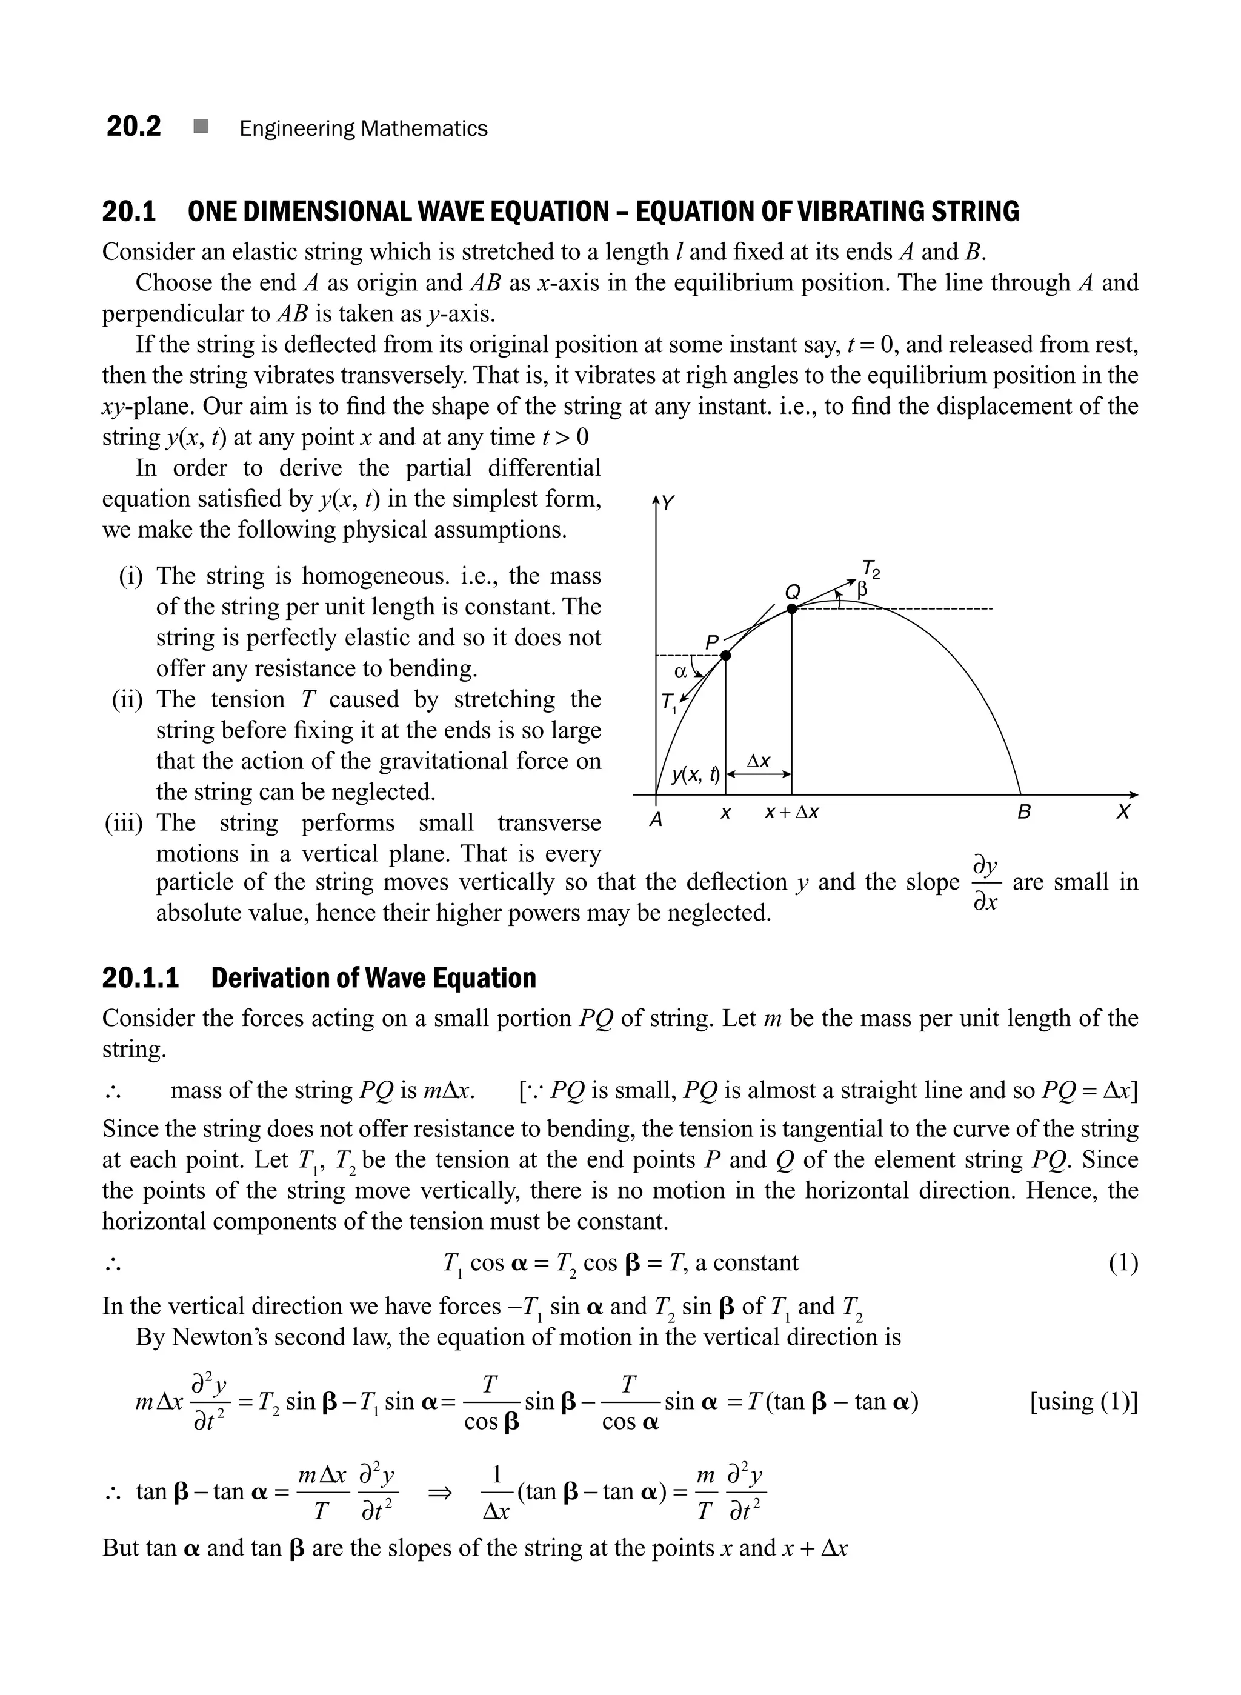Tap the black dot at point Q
click(x=791, y=608)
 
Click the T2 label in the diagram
click(x=871, y=569)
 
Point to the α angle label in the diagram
click(x=680, y=671)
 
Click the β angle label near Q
click(x=862, y=590)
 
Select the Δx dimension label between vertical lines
click(x=758, y=761)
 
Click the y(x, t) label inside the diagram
click(x=696, y=774)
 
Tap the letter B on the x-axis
click(x=1023, y=812)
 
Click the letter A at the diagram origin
click(x=656, y=820)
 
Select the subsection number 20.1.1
click(x=141, y=978)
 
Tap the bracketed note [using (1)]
click(x=1083, y=1401)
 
